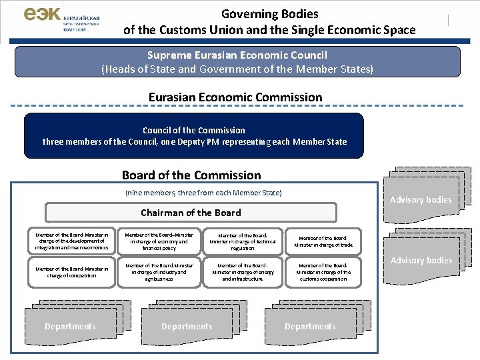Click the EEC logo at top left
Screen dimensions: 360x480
pyautogui.click(x=61, y=19)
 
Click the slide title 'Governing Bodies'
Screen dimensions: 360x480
pyautogui.click(x=269, y=13)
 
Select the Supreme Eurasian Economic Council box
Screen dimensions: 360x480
pyautogui.click(x=237, y=62)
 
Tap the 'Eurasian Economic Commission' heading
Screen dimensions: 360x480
pyautogui.click(x=235, y=97)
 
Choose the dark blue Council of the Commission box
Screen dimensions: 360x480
pyautogui.click(x=194, y=136)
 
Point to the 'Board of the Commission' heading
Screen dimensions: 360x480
pyautogui.click(x=191, y=175)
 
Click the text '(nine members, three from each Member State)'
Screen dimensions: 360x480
pyautogui.click(x=203, y=193)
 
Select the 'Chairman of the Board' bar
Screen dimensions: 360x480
pyautogui.click(x=191, y=213)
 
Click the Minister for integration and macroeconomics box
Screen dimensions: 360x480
pyautogui.click(x=71, y=241)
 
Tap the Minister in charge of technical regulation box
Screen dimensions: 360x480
pyautogui.click(x=242, y=241)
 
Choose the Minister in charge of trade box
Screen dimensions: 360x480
pyautogui.click(x=326, y=241)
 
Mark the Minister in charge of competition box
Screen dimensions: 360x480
pyautogui.click(x=71, y=272)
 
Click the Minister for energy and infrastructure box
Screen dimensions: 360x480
pyautogui.click(x=242, y=272)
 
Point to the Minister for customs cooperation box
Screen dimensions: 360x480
pyautogui.click(x=326, y=272)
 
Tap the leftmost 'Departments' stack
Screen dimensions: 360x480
pyautogui.click(x=70, y=326)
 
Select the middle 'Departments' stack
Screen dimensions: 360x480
pyautogui.click(x=187, y=326)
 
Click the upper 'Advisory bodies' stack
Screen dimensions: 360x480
pyautogui.click(x=421, y=199)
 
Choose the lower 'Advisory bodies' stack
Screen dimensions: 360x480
pyautogui.click(x=421, y=260)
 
